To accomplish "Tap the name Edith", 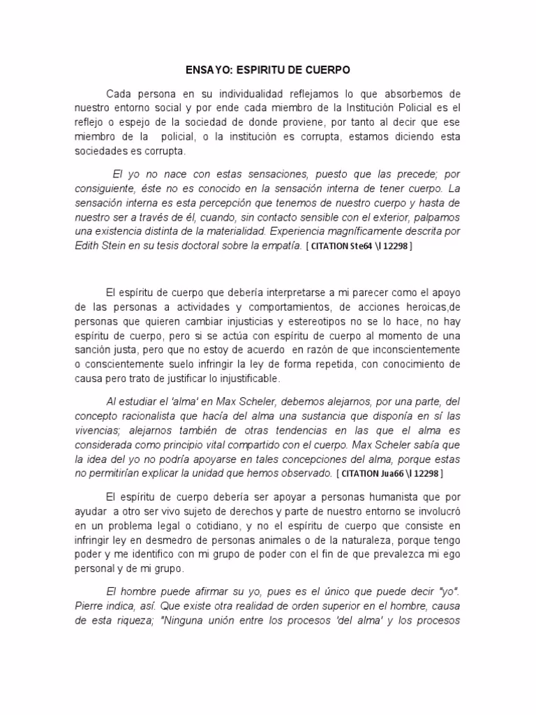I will tap(89, 246).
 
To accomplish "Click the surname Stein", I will tap(121, 246).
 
